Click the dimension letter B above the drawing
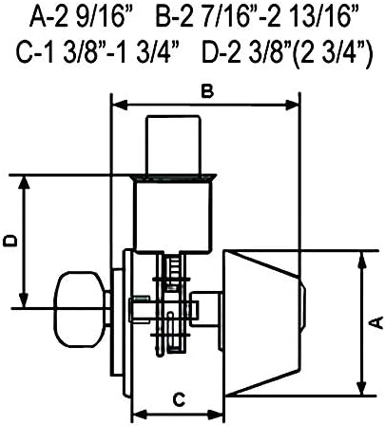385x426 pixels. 207,92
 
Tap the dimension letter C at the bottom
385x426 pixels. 179,399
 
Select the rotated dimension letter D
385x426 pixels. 10,241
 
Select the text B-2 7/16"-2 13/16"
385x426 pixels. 257,17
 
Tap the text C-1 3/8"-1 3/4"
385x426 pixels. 98,53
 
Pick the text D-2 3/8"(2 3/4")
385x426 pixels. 286,54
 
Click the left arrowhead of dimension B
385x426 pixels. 120,106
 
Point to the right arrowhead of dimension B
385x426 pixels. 292,106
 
